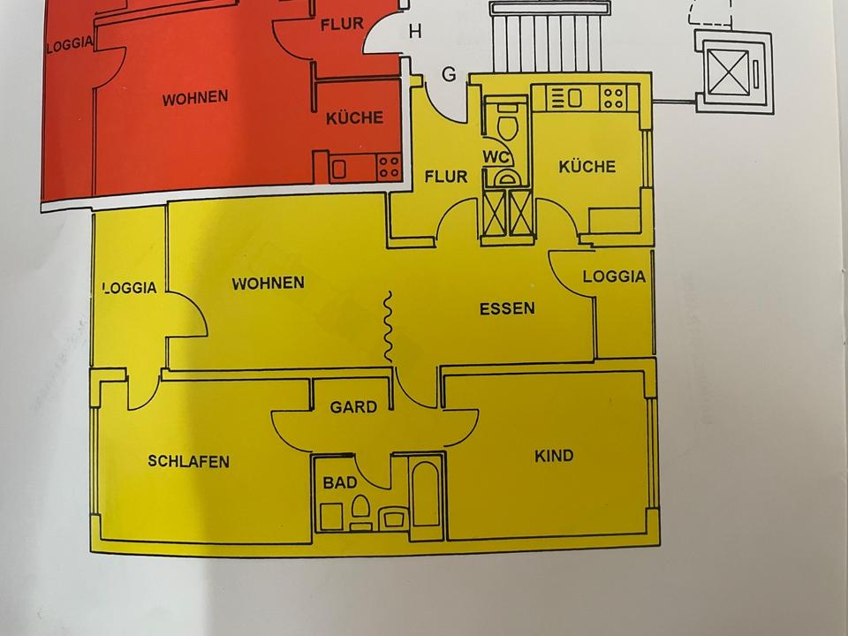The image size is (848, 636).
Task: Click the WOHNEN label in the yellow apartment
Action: pyautogui.click(x=268, y=284)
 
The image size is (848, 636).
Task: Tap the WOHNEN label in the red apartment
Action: pyautogui.click(x=194, y=98)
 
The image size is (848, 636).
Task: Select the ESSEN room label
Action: pyautogui.click(x=507, y=309)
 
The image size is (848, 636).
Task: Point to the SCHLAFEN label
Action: pyautogui.click(x=188, y=461)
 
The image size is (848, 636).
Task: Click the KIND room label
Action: pyautogui.click(x=554, y=456)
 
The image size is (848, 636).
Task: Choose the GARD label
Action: pyautogui.click(x=353, y=407)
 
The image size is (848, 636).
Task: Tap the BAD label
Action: pyautogui.click(x=339, y=483)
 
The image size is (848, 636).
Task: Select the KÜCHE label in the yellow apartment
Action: pyautogui.click(x=587, y=166)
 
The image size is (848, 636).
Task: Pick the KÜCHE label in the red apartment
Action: pyautogui.click(x=354, y=117)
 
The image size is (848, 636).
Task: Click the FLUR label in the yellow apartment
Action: pyautogui.click(x=445, y=177)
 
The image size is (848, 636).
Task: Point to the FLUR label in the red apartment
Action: pyautogui.click(x=341, y=24)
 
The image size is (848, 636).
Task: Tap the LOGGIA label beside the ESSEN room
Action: pyautogui.click(x=614, y=276)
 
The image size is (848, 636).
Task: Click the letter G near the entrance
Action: pyautogui.click(x=449, y=75)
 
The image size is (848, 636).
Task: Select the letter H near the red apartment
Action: pyautogui.click(x=415, y=33)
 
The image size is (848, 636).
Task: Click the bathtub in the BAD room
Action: pyautogui.click(x=425, y=494)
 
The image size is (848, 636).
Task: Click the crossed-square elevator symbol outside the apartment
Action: pyautogui.click(x=733, y=72)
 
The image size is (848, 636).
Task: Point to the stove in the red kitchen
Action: pyautogui.click(x=389, y=166)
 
